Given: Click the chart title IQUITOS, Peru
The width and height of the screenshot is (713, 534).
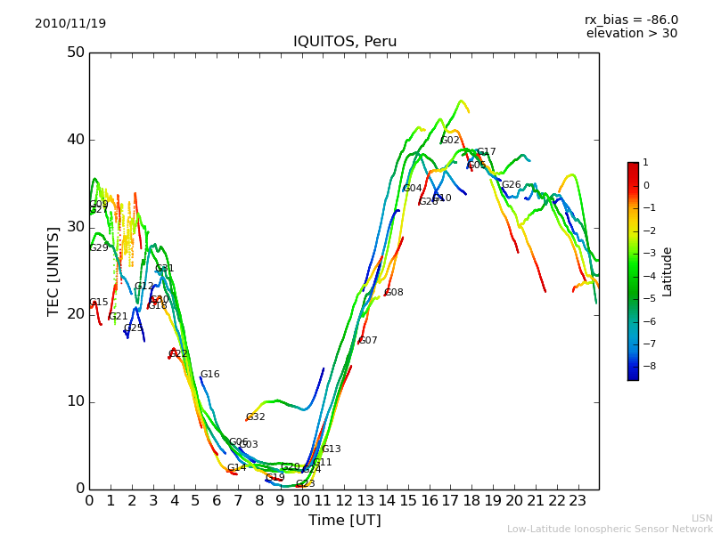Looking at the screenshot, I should [x=345, y=42].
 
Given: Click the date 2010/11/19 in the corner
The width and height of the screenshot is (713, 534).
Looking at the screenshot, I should [x=70, y=24].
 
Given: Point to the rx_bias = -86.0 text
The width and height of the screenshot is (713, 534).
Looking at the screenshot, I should [x=631, y=20].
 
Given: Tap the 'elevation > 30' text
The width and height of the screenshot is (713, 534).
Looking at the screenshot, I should [x=631, y=34].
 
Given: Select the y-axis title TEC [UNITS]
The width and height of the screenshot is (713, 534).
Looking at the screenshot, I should [x=53, y=271].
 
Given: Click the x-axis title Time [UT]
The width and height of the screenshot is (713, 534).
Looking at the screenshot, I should [x=344, y=521].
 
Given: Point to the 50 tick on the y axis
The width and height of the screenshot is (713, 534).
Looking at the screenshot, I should [x=75, y=53].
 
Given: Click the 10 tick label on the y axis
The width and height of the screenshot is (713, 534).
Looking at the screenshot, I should [x=75, y=401].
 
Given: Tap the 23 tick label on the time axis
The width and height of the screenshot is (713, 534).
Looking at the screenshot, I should [x=578, y=501].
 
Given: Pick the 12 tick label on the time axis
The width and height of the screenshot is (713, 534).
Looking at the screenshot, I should [x=344, y=501].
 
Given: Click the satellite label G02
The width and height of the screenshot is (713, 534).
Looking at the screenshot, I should [x=450, y=141].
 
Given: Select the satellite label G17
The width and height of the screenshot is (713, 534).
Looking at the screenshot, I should [x=487, y=152].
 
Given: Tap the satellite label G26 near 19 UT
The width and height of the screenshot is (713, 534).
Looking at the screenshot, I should [x=512, y=185].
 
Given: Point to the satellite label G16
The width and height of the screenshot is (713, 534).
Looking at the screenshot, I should [x=209, y=375].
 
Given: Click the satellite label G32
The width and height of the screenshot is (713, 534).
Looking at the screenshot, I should [x=255, y=417].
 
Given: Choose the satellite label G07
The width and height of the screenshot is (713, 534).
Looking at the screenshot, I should [x=368, y=341].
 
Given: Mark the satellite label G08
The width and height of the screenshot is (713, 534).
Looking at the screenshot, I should [x=394, y=293].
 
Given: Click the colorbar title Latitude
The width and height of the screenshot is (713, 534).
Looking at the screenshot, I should [x=668, y=271].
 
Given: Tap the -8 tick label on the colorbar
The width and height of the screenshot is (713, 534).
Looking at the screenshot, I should [x=645, y=366].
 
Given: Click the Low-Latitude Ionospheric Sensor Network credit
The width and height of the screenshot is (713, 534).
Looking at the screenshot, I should [x=610, y=530].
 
